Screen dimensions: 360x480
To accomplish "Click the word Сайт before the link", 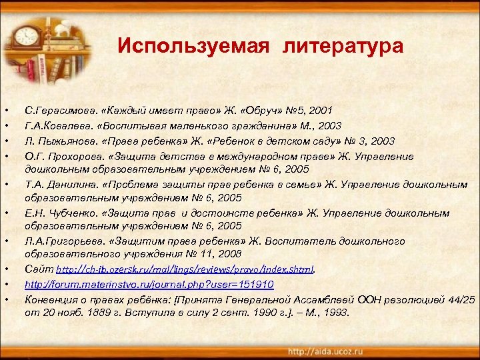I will point(38,270).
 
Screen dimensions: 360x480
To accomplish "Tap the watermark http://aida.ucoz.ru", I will point(326,351).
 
